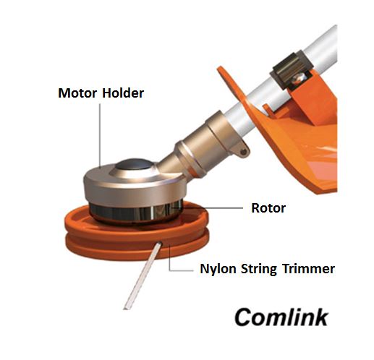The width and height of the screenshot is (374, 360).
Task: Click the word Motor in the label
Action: pos(77,93)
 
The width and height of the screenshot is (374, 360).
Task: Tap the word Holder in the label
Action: pos(123,93)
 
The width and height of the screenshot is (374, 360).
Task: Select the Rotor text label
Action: pos(268,208)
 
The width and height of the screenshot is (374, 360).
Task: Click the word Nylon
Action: pos(218,269)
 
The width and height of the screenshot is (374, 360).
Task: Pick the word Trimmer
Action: pos(309,268)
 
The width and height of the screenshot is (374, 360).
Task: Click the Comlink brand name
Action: pos(281,317)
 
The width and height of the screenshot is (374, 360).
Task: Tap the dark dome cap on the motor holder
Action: pos(134,164)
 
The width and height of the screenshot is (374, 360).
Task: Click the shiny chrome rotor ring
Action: pos(136,211)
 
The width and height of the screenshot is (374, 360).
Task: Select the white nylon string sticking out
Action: pos(143,276)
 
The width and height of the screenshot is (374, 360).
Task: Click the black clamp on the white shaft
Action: pos(291,70)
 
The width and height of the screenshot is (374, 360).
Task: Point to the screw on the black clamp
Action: pos(299,77)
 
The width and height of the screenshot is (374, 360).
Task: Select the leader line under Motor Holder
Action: pos(100,135)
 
